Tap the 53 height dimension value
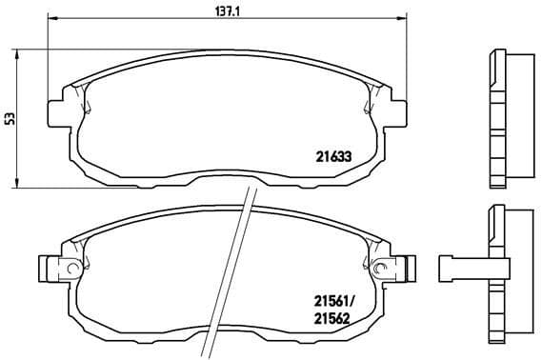tap(10, 118)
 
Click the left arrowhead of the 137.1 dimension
tap(51, 19)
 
